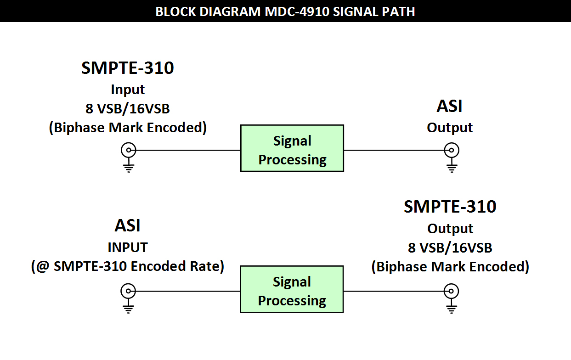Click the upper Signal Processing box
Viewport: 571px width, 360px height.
(x=292, y=148)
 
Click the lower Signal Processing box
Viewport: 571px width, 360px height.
(x=292, y=289)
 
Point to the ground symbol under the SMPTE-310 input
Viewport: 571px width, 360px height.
(x=129, y=165)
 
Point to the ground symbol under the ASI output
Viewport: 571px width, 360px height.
(x=452, y=165)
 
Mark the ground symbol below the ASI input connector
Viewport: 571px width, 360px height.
(x=129, y=306)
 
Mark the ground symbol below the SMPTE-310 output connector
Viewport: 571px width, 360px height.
(x=452, y=306)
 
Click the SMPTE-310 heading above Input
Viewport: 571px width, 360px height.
(x=127, y=68)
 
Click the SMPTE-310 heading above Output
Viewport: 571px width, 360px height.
(x=450, y=207)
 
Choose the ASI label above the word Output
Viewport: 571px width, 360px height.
(x=449, y=106)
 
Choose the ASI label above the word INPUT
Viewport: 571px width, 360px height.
(x=127, y=225)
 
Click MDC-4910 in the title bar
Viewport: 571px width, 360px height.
(x=297, y=12)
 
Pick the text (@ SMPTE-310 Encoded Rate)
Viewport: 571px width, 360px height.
(x=127, y=266)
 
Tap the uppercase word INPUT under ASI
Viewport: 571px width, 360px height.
(x=128, y=247)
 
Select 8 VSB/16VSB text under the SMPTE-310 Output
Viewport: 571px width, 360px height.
(x=450, y=248)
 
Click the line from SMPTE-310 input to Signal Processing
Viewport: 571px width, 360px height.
(x=188, y=150)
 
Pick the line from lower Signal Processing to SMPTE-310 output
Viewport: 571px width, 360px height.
(x=394, y=291)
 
